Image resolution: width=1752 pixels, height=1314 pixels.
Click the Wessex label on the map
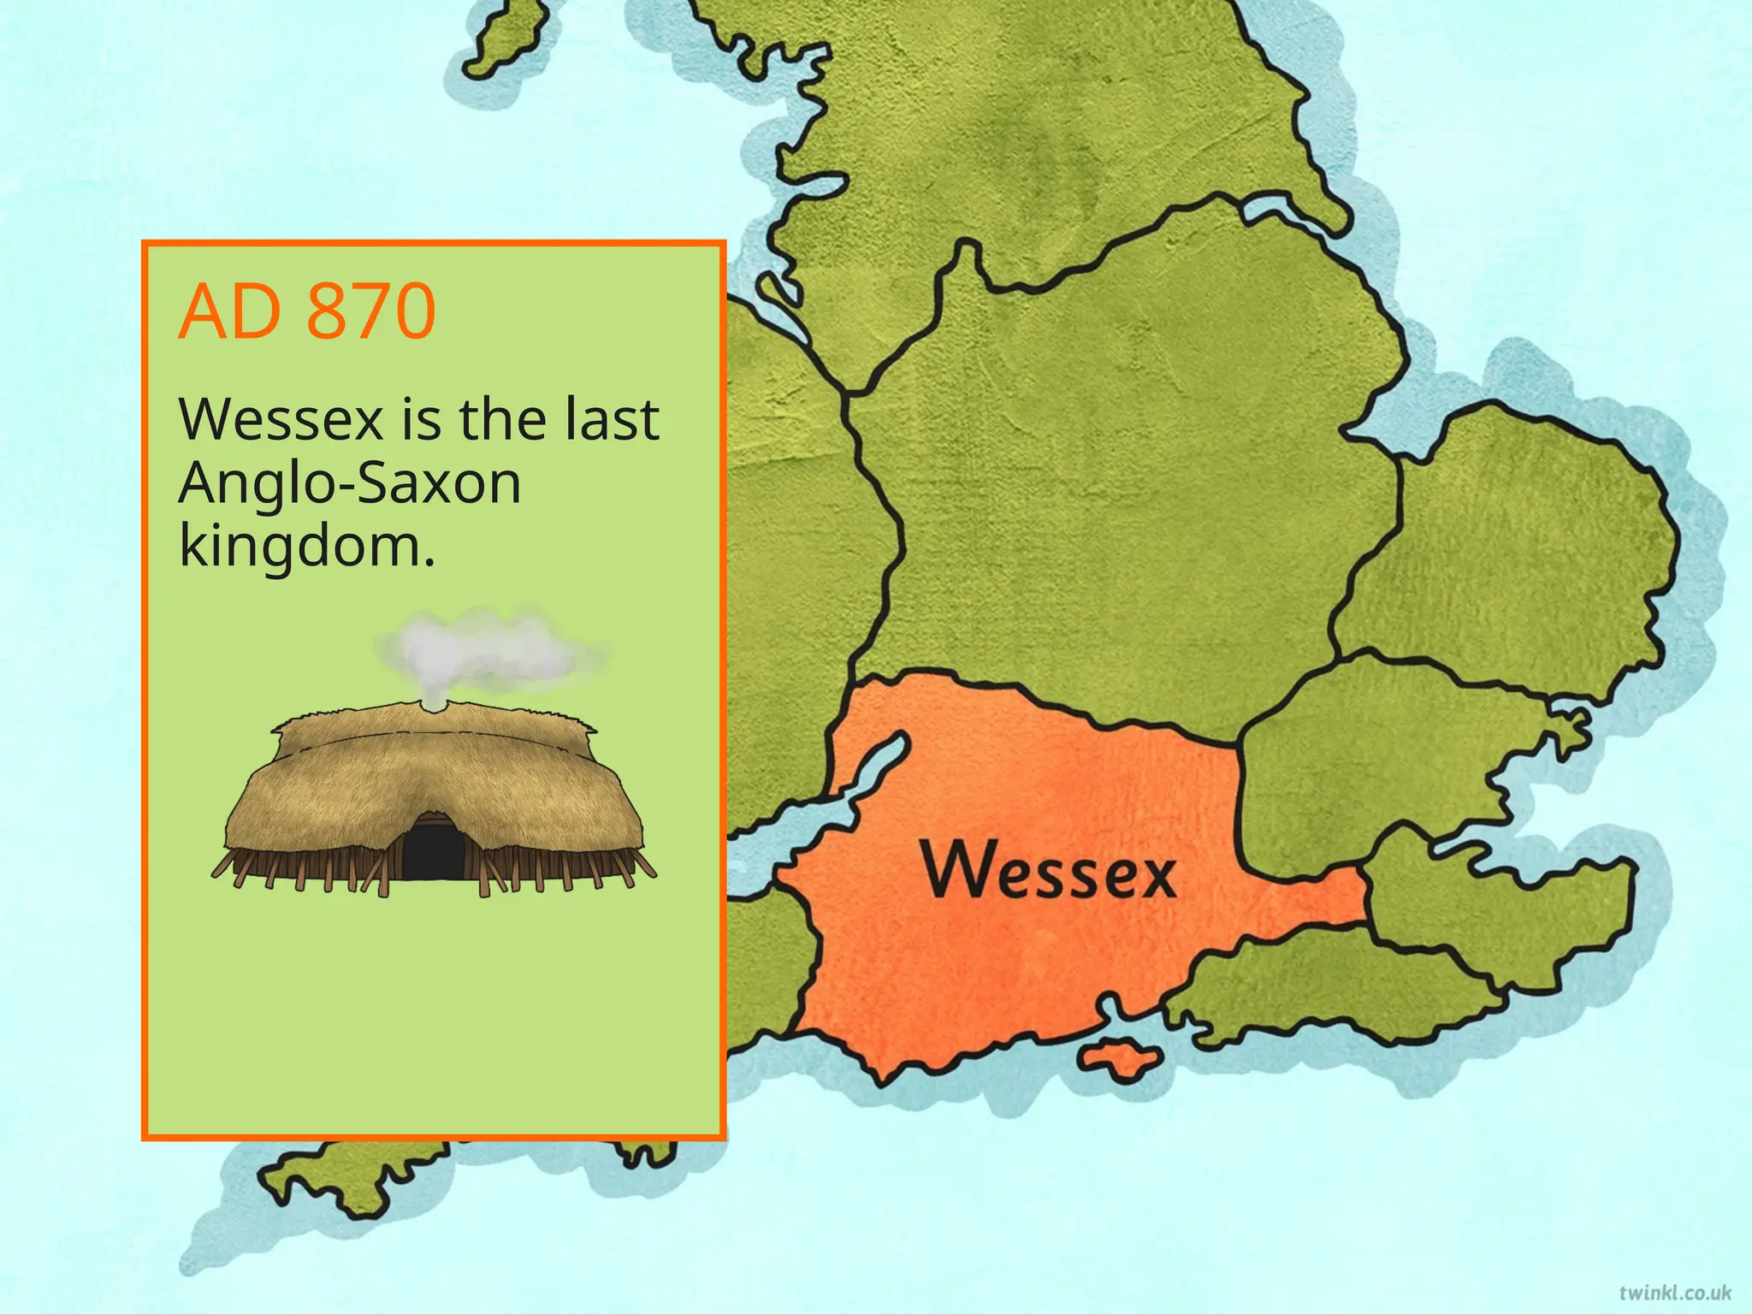point(1049,871)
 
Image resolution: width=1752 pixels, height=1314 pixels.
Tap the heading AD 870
point(306,311)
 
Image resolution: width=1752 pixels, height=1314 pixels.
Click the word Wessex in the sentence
point(281,421)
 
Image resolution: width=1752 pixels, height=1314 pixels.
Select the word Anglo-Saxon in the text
point(349,484)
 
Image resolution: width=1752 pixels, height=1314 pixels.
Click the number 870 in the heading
point(370,311)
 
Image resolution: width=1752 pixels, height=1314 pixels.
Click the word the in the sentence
point(503,421)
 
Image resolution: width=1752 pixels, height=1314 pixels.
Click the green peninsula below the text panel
point(359,1176)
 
